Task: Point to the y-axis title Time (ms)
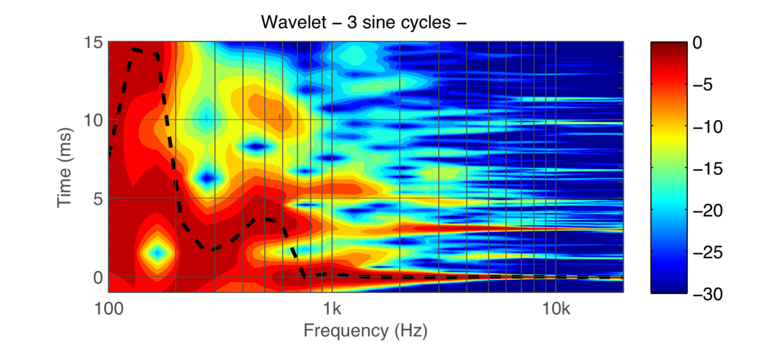coord(65,166)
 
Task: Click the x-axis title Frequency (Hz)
coord(365,331)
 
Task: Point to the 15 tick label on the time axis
coord(94,42)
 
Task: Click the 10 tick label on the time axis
coord(94,120)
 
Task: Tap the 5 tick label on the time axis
coord(98,199)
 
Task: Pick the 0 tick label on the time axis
coord(98,277)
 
